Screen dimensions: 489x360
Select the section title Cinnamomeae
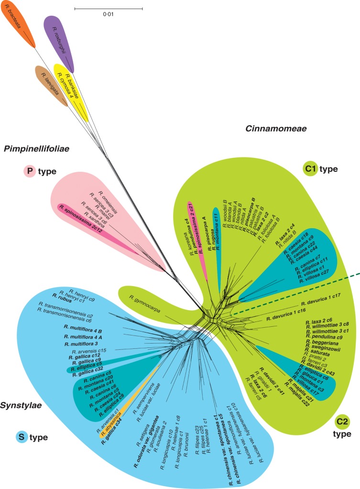(276, 128)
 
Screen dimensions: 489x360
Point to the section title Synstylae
(24, 405)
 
